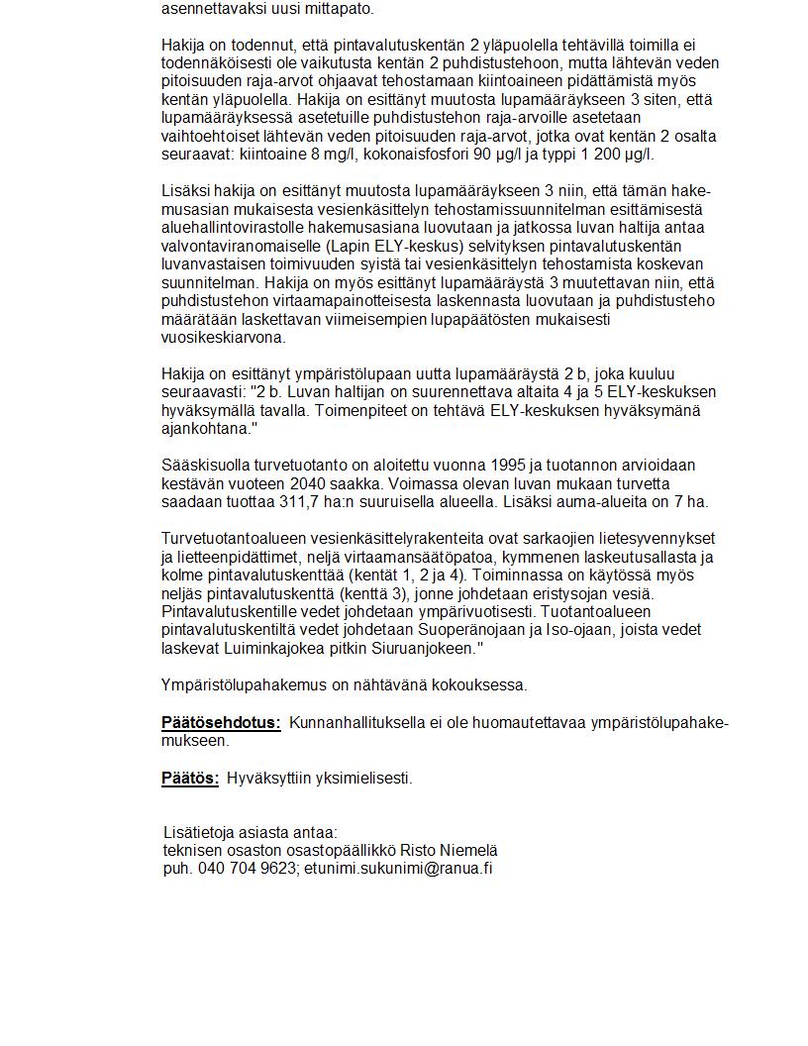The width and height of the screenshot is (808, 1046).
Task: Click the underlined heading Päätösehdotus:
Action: pyautogui.click(x=221, y=723)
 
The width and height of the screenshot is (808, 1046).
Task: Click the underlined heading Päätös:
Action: pyautogui.click(x=190, y=779)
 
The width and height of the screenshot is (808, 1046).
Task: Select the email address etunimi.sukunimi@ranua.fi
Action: pyautogui.click(x=398, y=869)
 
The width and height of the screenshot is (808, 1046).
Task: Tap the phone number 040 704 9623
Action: pyautogui.click(x=247, y=869)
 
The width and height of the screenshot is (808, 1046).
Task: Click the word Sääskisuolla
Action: pyautogui.click(x=208, y=466)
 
